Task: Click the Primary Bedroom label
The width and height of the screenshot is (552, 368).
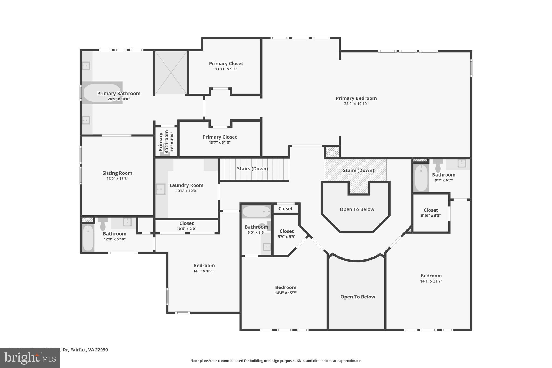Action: click(x=356, y=98)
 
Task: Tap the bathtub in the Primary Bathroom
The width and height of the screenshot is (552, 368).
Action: click(x=102, y=93)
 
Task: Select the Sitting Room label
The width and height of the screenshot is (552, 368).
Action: click(x=117, y=173)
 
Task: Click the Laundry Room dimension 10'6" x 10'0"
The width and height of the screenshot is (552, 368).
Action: click(x=186, y=191)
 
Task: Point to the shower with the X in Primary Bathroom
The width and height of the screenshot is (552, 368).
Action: click(x=171, y=72)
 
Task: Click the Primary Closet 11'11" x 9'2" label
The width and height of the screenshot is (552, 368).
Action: click(x=226, y=64)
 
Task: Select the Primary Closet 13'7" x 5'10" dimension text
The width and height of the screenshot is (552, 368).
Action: click(x=220, y=143)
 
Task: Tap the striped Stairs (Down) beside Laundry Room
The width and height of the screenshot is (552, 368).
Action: click(x=253, y=169)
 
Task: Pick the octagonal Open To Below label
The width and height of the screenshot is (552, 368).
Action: click(x=357, y=209)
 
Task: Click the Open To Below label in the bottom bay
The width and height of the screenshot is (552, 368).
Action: click(x=358, y=297)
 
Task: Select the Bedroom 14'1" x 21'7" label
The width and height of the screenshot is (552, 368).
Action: click(x=431, y=276)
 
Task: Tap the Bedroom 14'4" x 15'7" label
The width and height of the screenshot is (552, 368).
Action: click(x=285, y=287)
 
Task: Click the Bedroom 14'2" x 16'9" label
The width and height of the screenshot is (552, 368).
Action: click(x=204, y=266)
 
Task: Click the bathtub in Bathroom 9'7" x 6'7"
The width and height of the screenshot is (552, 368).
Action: click(x=421, y=178)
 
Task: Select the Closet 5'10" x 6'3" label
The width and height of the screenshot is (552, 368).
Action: click(x=430, y=210)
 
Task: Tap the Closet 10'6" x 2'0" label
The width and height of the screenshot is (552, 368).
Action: click(x=186, y=223)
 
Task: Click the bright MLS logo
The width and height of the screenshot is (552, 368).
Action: click(x=30, y=358)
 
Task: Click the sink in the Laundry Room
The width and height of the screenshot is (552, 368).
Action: click(x=161, y=189)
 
